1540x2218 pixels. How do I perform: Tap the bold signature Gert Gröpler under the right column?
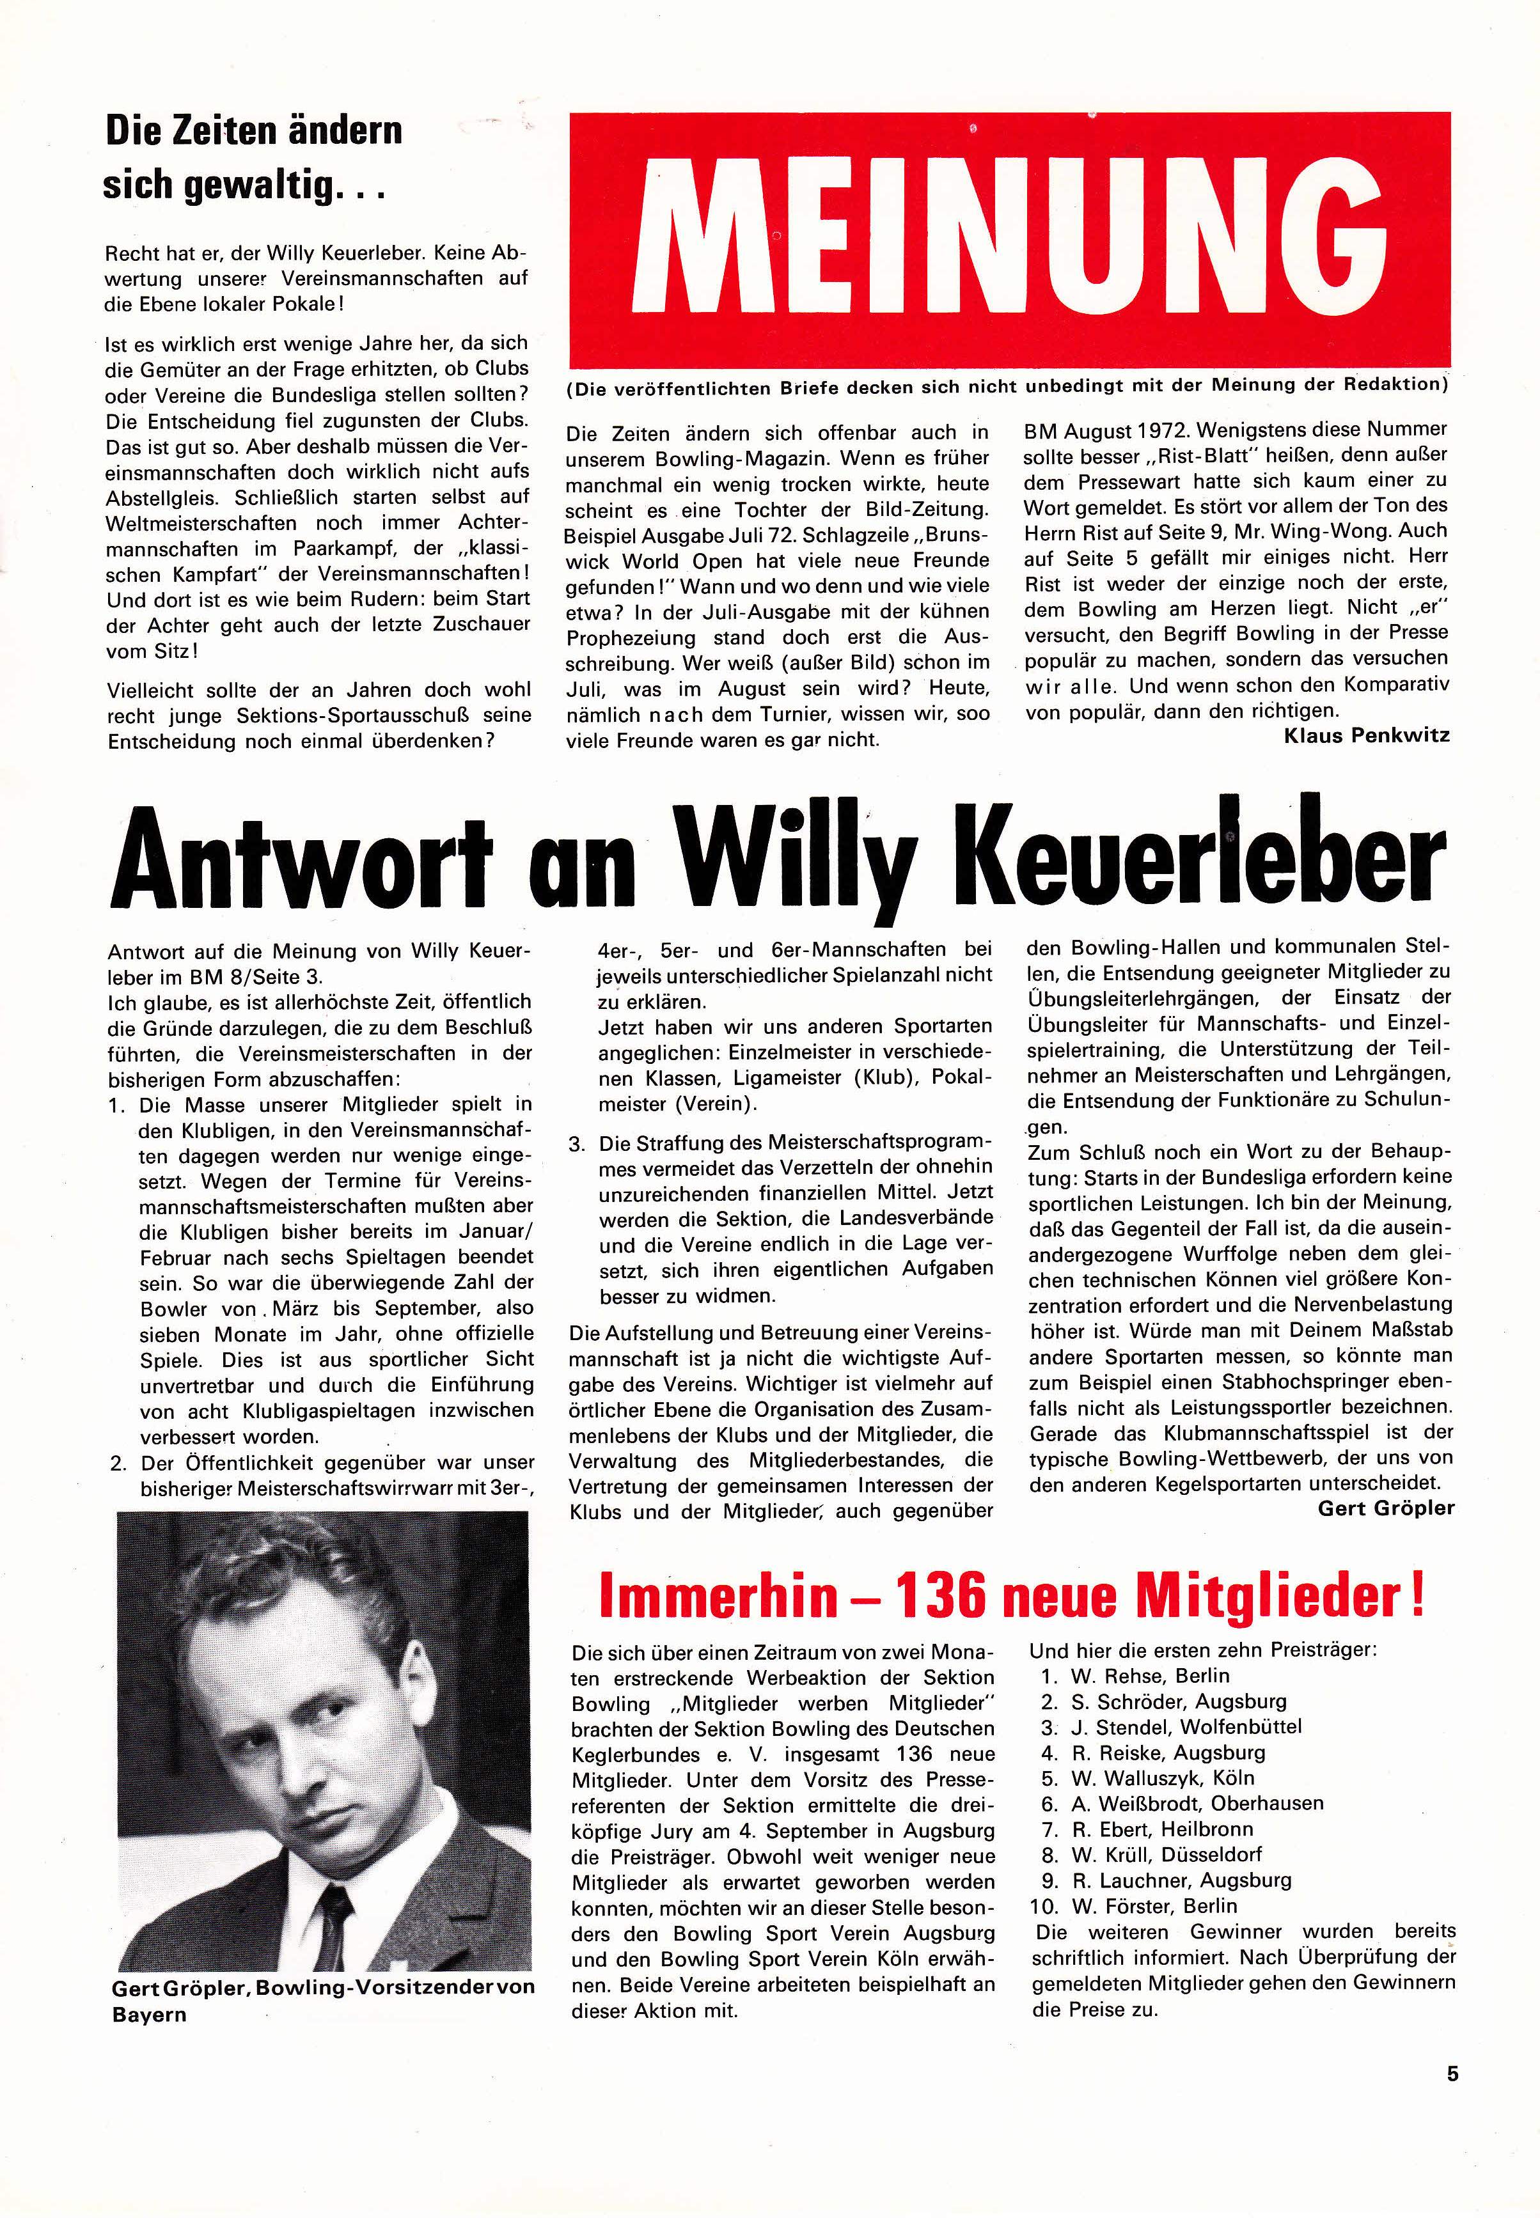point(1386,1507)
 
